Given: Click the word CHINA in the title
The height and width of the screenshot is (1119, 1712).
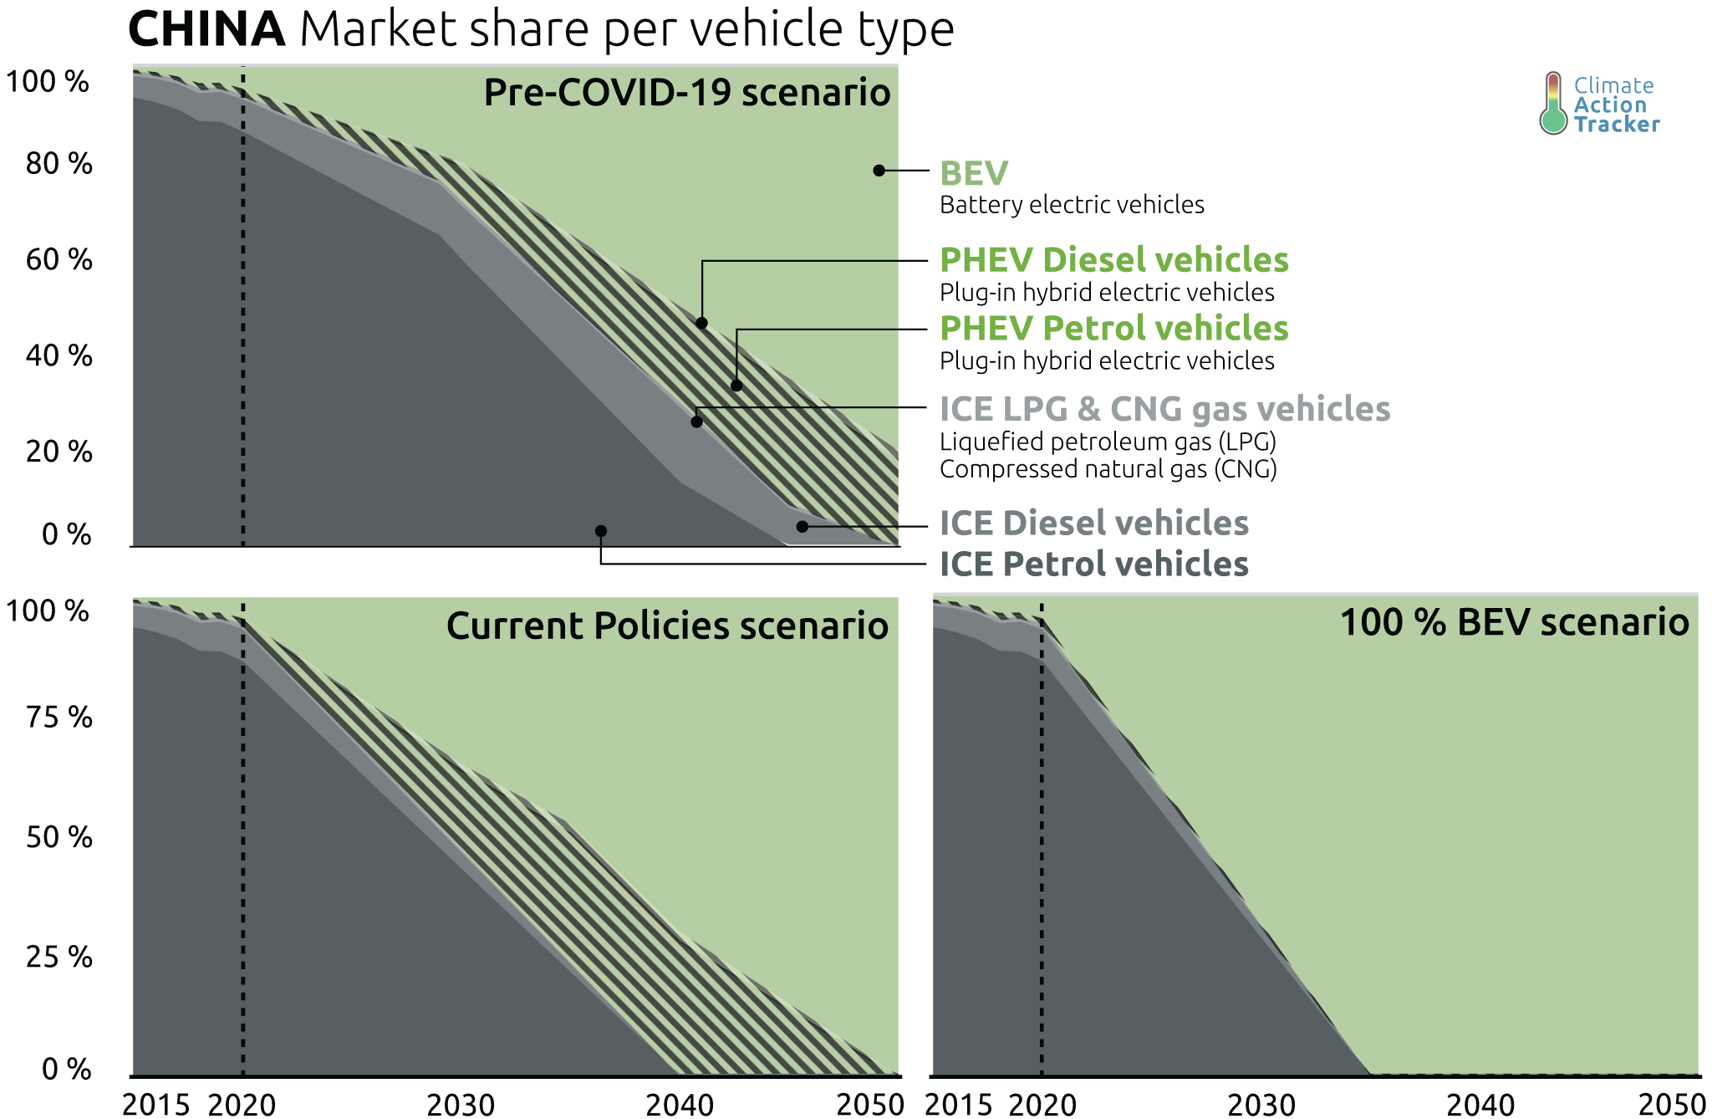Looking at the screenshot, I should (206, 29).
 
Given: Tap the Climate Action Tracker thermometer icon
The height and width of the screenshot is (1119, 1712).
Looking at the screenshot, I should (1552, 104).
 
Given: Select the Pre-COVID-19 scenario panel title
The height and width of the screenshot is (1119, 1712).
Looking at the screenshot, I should (686, 92).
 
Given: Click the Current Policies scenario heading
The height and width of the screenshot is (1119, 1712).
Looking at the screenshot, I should (666, 626).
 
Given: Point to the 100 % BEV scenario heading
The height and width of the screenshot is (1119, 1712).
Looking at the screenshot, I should (1514, 622).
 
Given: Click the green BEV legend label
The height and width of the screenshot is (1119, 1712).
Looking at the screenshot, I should (974, 173).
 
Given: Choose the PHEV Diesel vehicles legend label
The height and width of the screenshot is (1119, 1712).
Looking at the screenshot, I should (1113, 260).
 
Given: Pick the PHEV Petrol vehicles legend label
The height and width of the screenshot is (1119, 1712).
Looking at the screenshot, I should (1113, 329).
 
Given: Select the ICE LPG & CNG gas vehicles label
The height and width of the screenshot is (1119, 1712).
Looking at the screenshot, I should (1164, 409).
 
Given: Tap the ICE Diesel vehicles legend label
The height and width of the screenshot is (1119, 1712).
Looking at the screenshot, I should (1093, 524).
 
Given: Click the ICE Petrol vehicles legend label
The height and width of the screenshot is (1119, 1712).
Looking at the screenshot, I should (1093, 565).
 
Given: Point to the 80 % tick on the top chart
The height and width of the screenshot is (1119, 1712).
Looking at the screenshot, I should (59, 164).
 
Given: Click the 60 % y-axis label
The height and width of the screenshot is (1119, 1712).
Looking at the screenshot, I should (59, 260).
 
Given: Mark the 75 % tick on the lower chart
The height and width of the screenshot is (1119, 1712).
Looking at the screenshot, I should (59, 718).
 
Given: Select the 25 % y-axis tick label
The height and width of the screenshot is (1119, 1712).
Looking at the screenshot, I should (59, 957).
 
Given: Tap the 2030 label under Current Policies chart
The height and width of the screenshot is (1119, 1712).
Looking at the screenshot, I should (461, 1105).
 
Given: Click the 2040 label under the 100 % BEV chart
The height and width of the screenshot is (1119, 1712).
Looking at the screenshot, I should (1480, 1105).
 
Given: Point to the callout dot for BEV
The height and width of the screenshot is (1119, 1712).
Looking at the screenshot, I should (879, 171).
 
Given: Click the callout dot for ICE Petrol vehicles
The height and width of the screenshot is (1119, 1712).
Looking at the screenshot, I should (600, 531).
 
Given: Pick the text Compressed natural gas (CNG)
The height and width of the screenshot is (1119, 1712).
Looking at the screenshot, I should (1108, 469).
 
